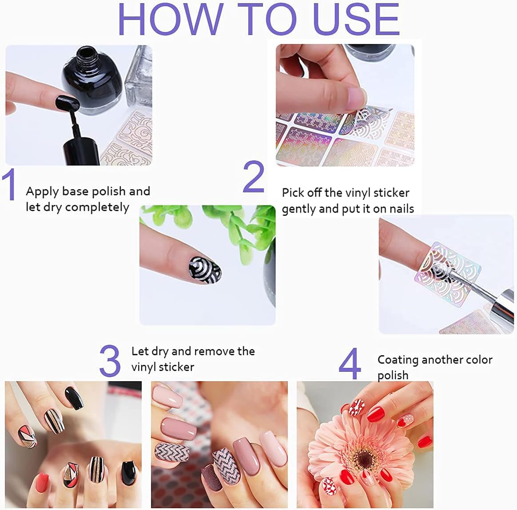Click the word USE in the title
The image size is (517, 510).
point(356,20)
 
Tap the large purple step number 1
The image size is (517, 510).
point(9,185)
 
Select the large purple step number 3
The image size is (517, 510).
point(110,361)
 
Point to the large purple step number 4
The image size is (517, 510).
point(350,364)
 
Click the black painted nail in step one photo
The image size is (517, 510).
point(67,103)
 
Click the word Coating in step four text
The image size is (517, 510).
point(398,360)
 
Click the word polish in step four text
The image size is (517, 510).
point(393,375)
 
